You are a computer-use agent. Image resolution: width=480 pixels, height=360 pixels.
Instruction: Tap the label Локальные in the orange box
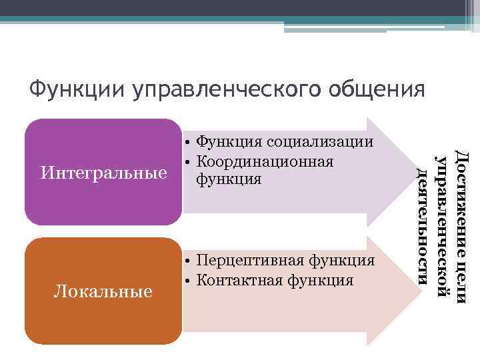[x=103, y=291]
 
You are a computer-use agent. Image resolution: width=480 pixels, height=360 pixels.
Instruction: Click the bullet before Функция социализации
[x=189, y=143]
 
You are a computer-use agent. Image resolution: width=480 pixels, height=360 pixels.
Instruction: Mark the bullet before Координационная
[x=189, y=161]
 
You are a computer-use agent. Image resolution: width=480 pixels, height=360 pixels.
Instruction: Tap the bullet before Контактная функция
[x=189, y=279]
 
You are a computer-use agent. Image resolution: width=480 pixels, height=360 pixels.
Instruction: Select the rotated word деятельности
[x=422, y=225]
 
